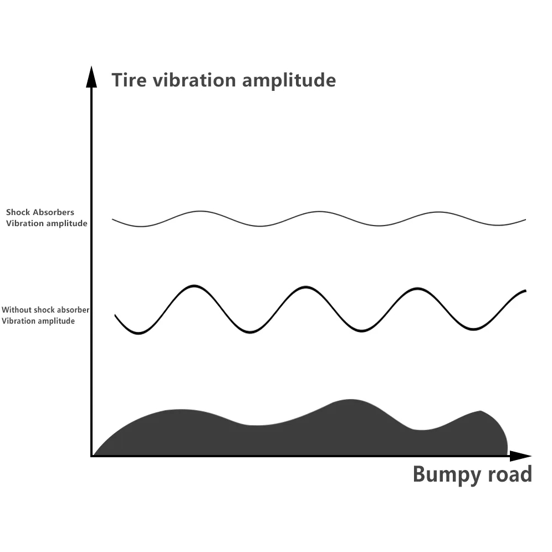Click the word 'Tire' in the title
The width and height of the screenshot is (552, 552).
[x=129, y=80]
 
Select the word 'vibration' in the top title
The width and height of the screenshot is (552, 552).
[x=195, y=80]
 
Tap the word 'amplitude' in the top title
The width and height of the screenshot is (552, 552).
[x=289, y=80]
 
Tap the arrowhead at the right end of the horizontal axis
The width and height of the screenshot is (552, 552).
[x=520, y=456]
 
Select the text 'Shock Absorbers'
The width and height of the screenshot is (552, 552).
[x=40, y=212]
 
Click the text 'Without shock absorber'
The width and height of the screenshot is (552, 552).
[x=45, y=310]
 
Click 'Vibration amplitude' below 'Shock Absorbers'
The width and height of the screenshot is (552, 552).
[x=47, y=223]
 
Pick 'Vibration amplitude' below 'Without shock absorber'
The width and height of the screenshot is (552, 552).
[x=38, y=321]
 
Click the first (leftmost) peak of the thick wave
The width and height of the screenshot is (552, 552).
[x=195, y=286]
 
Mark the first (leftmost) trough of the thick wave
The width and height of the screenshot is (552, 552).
[x=139, y=333]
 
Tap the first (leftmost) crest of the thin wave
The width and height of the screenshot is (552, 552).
[x=200, y=211]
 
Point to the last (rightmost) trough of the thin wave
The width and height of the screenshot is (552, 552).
[x=498, y=225]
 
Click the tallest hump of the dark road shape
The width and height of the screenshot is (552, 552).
[x=350, y=400]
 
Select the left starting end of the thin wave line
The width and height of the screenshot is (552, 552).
[x=113, y=219]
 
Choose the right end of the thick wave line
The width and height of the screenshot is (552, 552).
[x=525, y=291]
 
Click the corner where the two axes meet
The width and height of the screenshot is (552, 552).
[x=91, y=456]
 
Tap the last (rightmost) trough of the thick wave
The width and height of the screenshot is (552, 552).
[x=473, y=329]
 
